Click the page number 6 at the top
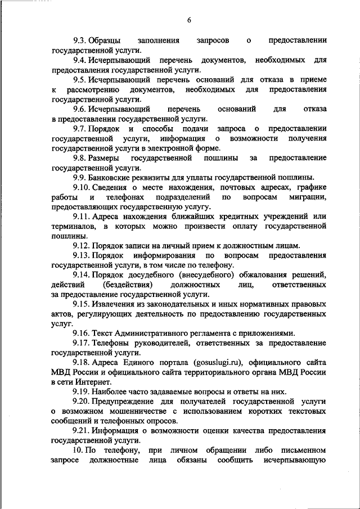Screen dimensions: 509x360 tap(190, 20)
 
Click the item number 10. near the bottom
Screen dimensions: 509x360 tap(78, 450)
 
